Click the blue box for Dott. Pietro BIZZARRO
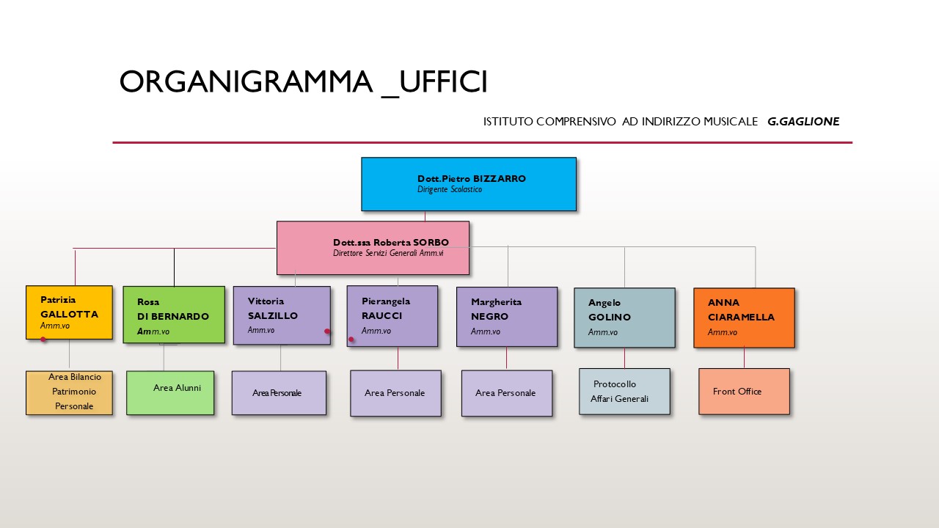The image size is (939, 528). [x=469, y=184]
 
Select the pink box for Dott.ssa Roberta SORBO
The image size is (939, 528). [x=373, y=248]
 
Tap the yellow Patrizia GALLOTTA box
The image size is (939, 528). [x=69, y=312]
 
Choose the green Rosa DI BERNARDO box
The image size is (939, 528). [x=174, y=315]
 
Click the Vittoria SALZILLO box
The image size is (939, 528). [x=282, y=315]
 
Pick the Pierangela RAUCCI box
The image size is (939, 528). [x=392, y=316]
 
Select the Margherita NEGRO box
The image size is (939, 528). [x=507, y=317]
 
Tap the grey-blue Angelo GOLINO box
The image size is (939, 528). [x=624, y=318]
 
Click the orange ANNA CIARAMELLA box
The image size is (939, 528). [x=744, y=318]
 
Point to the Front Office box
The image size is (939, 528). [x=744, y=392]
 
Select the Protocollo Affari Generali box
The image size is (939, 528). [x=624, y=392]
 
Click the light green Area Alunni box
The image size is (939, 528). [x=170, y=393]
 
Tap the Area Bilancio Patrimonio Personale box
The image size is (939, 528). [x=69, y=393]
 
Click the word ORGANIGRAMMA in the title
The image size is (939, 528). [x=246, y=82]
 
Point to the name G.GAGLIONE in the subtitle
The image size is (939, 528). [x=803, y=122]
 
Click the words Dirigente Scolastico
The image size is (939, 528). [x=450, y=189]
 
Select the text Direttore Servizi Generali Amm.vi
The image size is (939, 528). [x=388, y=253]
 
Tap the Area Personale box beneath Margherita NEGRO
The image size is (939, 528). [x=507, y=393]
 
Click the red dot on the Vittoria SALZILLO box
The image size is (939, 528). [x=327, y=331]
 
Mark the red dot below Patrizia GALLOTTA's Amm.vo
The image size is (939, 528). [x=43, y=340]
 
